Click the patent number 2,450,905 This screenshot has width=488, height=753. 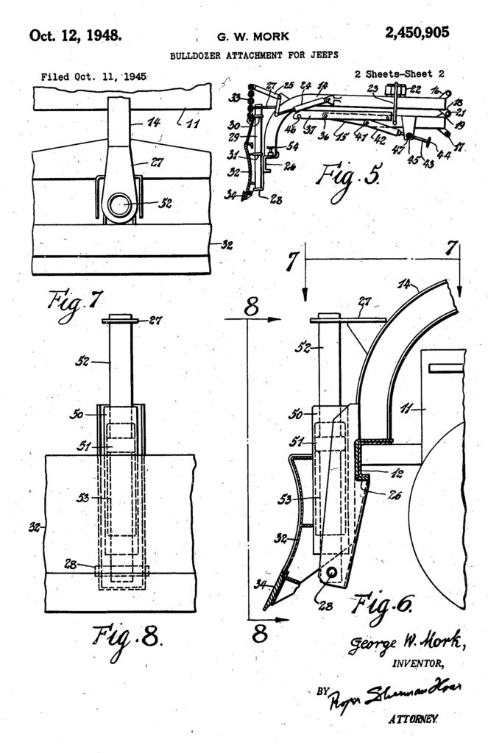click(x=416, y=32)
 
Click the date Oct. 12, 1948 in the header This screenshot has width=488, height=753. click(x=75, y=35)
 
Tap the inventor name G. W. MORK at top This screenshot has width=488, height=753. click(x=244, y=37)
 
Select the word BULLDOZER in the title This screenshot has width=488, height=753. click(x=196, y=55)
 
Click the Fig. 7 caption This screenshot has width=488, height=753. click(x=67, y=302)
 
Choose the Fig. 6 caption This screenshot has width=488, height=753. click(x=383, y=604)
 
